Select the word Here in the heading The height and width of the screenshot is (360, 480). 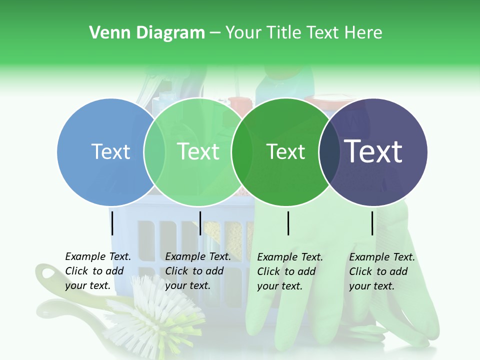(364, 33)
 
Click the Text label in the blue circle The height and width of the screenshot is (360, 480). (110, 151)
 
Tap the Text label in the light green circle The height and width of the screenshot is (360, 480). (198, 151)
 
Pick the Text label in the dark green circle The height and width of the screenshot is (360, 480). (285, 151)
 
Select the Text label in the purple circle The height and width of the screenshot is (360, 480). (373, 151)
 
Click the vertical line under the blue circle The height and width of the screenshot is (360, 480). (112, 223)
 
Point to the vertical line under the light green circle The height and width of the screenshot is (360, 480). (200, 223)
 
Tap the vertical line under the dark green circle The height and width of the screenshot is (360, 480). (288, 223)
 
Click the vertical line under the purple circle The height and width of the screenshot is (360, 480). (372, 223)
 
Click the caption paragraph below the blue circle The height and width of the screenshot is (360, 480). (98, 271)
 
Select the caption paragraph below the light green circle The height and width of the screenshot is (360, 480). (198, 271)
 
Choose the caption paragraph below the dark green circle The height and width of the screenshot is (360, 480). (290, 271)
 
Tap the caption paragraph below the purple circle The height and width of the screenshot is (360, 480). (382, 271)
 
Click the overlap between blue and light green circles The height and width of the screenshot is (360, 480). (154, 152)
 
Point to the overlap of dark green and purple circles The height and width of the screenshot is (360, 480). (329, 152)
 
